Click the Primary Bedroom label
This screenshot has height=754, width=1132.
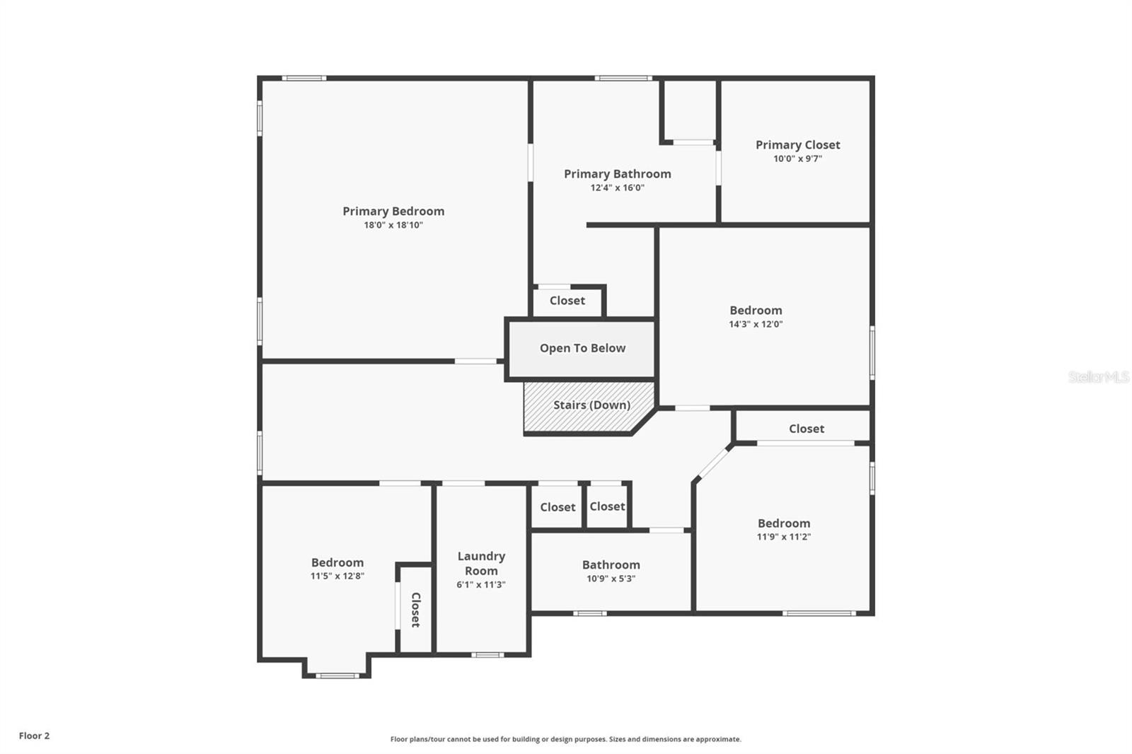tap(393, 211)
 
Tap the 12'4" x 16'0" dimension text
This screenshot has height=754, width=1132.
tap(617, 188)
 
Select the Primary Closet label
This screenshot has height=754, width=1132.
tap(797, 145)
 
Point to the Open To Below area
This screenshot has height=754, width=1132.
tap(582, 348)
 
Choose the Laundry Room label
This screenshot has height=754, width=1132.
tap(481, 564)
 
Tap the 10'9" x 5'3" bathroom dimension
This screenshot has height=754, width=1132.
tap(611, 579)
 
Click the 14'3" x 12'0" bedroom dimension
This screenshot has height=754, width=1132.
tap(756, 325)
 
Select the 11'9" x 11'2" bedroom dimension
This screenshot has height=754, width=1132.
tap(783, 537)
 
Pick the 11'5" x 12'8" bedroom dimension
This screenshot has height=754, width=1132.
tap(337, 576)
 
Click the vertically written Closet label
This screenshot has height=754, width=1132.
tap(416, 610)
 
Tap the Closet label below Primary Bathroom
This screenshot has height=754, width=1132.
tap(567, 301)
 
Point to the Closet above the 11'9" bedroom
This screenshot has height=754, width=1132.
tap(806, 429)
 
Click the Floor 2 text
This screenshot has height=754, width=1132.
tap(34, 736)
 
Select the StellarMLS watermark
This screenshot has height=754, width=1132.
tap(1098, 377)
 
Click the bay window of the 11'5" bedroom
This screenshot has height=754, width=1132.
tap(337, 675)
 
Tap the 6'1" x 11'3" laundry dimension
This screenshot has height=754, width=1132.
tap(481, 585)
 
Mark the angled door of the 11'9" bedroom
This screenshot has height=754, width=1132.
tap(713, 463)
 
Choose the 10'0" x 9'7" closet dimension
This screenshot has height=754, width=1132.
tap(797, 159)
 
